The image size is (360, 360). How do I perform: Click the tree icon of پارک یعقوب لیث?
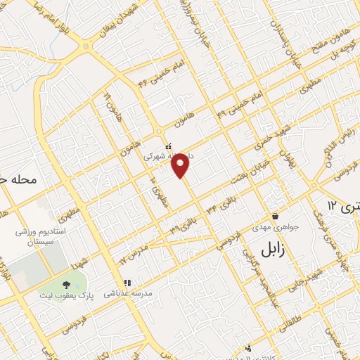(66, 285)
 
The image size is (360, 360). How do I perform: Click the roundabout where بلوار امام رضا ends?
(86, 47)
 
